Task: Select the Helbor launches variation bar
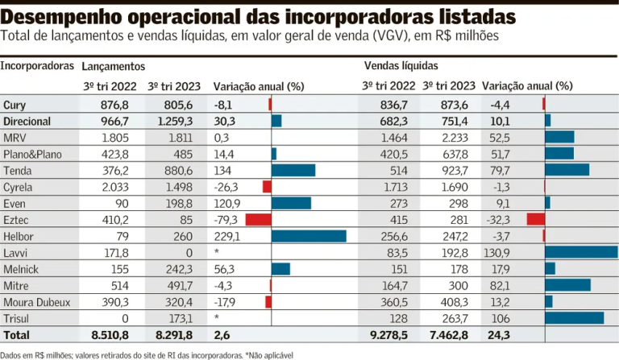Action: click(x=309, y=236)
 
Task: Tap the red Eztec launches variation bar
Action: click(x=258, y=219)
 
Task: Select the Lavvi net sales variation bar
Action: click(x=580, y=252)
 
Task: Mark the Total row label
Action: click(x=17, y=334)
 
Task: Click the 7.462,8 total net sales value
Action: click(x=449, y=334)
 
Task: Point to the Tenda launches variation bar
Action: click(x=293, y=170)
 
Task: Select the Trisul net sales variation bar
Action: click(x=574, y=317)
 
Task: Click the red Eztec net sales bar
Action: click(x=536, y=219)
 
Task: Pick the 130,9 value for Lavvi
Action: click(x=505, y=252)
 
